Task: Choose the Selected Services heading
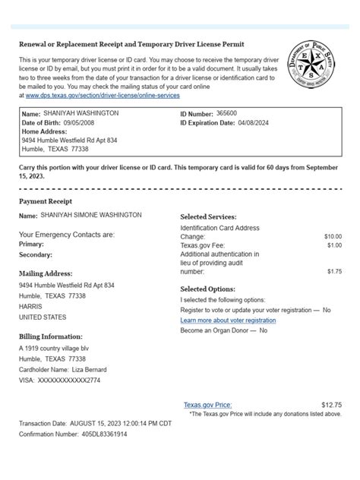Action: coord(208,216)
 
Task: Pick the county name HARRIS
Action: coord(31,306)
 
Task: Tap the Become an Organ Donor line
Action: coord(223,330)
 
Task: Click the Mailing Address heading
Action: coord(46,273)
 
